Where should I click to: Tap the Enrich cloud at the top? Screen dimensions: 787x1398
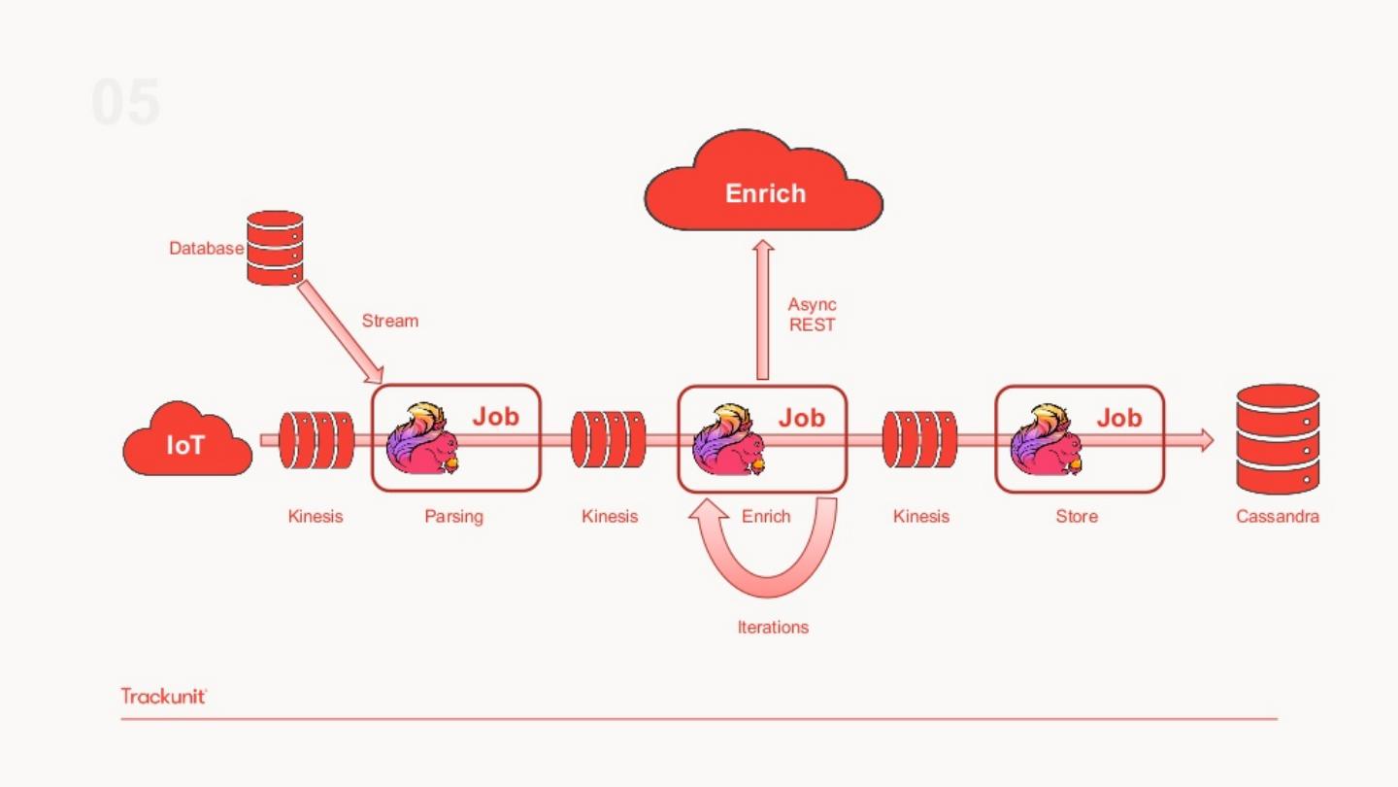pos(764,190)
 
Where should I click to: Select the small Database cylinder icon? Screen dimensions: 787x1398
pos(275,248)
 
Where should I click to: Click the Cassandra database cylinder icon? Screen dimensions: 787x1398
pos(1278,439)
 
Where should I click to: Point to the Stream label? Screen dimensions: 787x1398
pos(389,321)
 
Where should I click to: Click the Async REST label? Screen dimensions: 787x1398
pos(812,315)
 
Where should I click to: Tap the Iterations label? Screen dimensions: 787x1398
pos(773,627)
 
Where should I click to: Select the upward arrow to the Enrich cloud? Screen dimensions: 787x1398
pos(763,311)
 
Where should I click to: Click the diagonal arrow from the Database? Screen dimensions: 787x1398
pos(340,330)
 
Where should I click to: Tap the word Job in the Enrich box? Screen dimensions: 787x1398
pos(801,418)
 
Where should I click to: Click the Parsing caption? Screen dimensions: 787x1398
pos(453,516)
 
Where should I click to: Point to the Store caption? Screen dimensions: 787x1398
pos(1077,516)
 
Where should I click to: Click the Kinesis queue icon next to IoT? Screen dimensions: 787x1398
pos(316,440)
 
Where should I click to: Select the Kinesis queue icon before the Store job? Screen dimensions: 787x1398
pos(919,439)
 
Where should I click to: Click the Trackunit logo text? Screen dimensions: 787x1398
pos(164,696)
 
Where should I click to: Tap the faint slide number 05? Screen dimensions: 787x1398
pos(125,103)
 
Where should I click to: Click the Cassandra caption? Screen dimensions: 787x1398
pos(1277,516)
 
